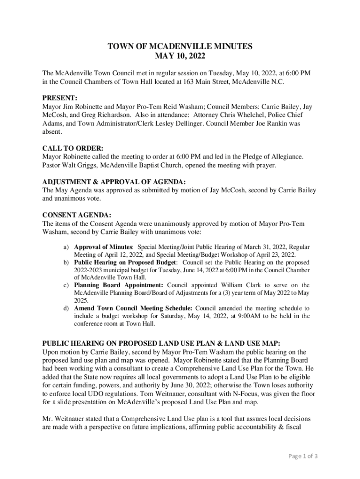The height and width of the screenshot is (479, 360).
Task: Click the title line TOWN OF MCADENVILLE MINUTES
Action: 180,46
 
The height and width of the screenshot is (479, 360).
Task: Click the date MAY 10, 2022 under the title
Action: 180,56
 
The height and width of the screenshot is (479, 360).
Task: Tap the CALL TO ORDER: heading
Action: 72,148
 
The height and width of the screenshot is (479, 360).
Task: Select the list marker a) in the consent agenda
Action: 67,247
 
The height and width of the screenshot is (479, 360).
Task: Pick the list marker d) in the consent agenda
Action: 67,308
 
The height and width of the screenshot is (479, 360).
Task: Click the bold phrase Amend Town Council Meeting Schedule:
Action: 133,308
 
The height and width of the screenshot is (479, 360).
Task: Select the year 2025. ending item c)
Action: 81,300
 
